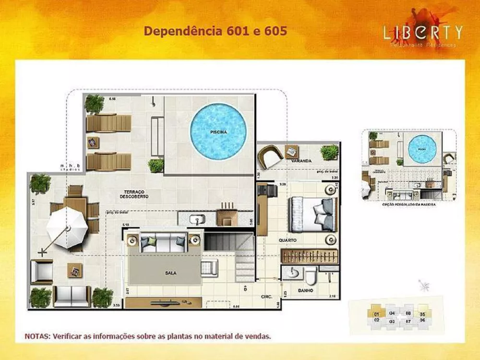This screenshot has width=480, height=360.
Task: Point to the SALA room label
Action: click(170, 273)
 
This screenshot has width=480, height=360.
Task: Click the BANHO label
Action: click(305, 290)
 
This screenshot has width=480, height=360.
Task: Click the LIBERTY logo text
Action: click(422, 32)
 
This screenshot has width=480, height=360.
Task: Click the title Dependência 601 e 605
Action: click(216, 31)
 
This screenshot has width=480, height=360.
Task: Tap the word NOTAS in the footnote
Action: click(36, 336)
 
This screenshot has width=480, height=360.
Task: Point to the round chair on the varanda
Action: click(269, 157)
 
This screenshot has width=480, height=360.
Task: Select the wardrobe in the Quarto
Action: click(310, 254)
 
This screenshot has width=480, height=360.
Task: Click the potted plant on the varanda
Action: click(330, 153)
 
